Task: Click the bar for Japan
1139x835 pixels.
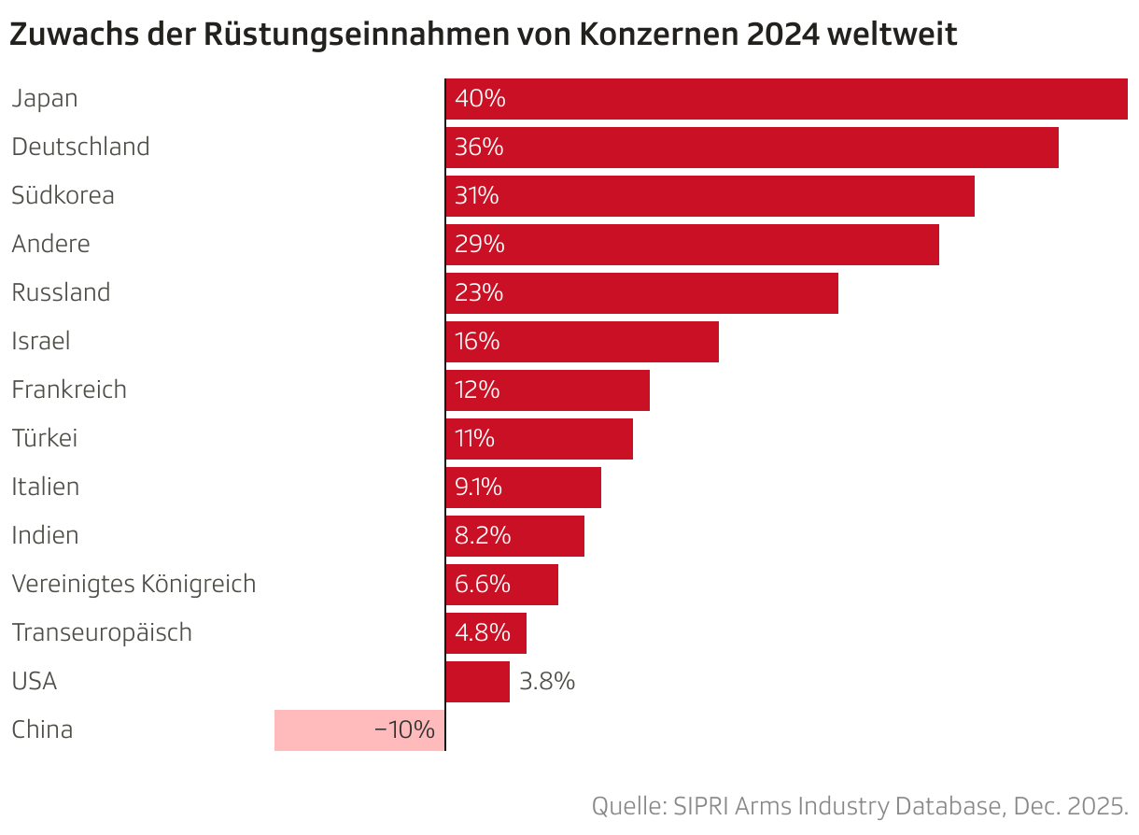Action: [786, 99]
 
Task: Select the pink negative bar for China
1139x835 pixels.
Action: [359, 730]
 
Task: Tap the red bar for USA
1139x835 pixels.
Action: [477, 682]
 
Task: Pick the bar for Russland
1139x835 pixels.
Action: [641, 293]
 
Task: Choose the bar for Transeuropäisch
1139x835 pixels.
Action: [485, 633]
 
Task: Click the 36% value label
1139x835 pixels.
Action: [479, 148]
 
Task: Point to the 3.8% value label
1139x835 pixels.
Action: [547, 682]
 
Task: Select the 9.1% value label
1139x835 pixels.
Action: [478, 488]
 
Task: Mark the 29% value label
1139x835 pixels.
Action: [479, 245]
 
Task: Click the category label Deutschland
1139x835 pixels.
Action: [80, 148]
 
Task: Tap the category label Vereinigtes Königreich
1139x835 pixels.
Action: [134, 585]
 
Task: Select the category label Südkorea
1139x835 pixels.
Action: [63, 196]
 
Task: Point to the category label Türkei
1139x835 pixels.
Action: [44, 439]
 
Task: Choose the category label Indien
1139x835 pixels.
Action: [45, 536]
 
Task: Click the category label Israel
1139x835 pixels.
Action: [40, 342]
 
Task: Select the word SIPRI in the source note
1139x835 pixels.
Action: [700, 806]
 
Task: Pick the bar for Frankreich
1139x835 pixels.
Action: [547, 390]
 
